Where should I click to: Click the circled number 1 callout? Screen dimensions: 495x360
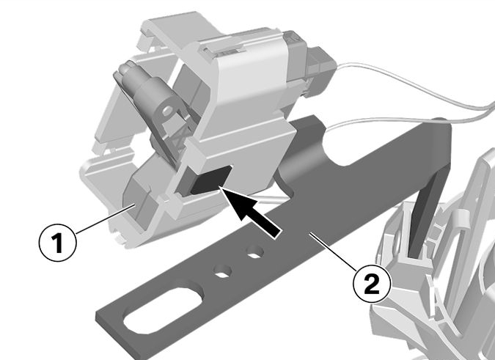click(x=57, y=243)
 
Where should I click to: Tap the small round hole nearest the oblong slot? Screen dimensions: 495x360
click(x=222, y=271)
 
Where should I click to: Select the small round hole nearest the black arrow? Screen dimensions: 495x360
click(x=255, y=251)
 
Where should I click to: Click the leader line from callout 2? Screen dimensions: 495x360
click(x=335, y=251)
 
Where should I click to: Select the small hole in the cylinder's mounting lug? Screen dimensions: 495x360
click(x=168, y=110)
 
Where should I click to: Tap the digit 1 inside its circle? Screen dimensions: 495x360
click(x=57, y=243)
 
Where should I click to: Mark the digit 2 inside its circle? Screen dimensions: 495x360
click(x=372, y=284)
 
